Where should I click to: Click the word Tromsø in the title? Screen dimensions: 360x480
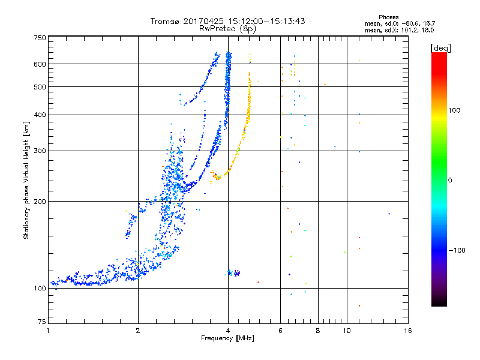pyautogui.click(x=164, y=21)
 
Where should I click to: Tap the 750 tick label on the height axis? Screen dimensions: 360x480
pyautogui.click(x=40, y=38)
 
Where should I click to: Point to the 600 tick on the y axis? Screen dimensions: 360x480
pyautogui.click(x=40, y=64)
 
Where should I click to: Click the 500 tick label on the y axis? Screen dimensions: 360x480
pyautogui.click(x=40, y=87)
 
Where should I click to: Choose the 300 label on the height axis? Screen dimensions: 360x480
pyautogui.click(x=40, y=151)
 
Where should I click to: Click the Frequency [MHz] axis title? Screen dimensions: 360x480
pyautogui.click(x=228, y=339)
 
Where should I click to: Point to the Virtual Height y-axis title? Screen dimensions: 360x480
pyautogui.click(x=26, y=180)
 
